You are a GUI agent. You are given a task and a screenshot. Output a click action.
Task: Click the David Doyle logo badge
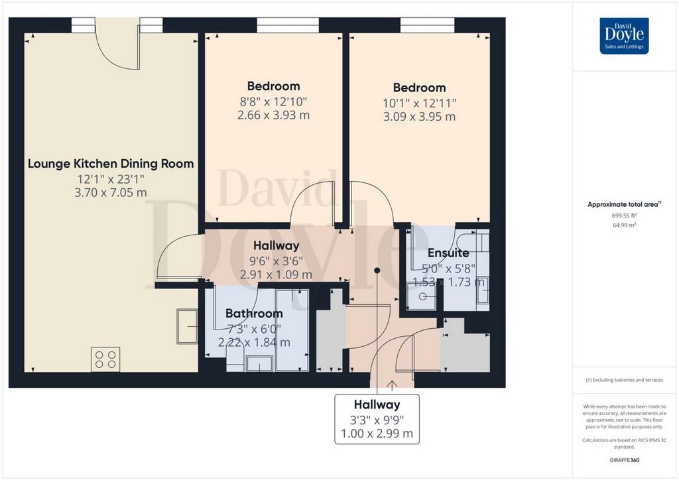pos(624,36)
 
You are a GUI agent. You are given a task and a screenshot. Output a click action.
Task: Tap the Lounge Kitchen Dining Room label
pos(111,164)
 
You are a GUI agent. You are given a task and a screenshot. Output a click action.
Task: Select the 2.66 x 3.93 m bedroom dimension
pos(274,115)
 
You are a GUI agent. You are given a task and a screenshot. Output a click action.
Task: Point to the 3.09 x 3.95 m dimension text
pos(419,117)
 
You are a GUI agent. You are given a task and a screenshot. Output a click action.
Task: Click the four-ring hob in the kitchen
pos(105,359)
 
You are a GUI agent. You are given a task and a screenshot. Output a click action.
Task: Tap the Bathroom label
pos(254,314)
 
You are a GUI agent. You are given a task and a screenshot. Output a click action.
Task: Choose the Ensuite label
pos(449,253)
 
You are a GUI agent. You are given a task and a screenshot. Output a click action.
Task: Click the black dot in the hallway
pos(377,270)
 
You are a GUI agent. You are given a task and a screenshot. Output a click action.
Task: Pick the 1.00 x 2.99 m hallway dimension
pos(377,433)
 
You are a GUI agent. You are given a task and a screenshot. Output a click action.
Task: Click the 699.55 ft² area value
pos(624,215)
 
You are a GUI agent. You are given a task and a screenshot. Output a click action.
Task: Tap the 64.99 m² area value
pos(624,225)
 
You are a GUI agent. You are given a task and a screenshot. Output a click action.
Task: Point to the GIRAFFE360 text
pos(624,460)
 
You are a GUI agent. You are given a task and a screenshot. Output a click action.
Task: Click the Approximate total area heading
pos(623,204)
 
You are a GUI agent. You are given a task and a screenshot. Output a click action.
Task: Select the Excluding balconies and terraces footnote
pos(624,380)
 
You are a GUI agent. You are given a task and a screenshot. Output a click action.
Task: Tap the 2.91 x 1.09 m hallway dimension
pos(277,274)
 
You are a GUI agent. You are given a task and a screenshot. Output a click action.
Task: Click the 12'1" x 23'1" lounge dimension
pos(111,179)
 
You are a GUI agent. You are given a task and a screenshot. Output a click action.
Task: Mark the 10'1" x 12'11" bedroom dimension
pos(419,103)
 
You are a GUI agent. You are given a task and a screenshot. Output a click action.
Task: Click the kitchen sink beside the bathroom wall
pos(187,326)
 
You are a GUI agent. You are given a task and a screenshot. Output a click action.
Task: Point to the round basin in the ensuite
pos(422,296)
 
